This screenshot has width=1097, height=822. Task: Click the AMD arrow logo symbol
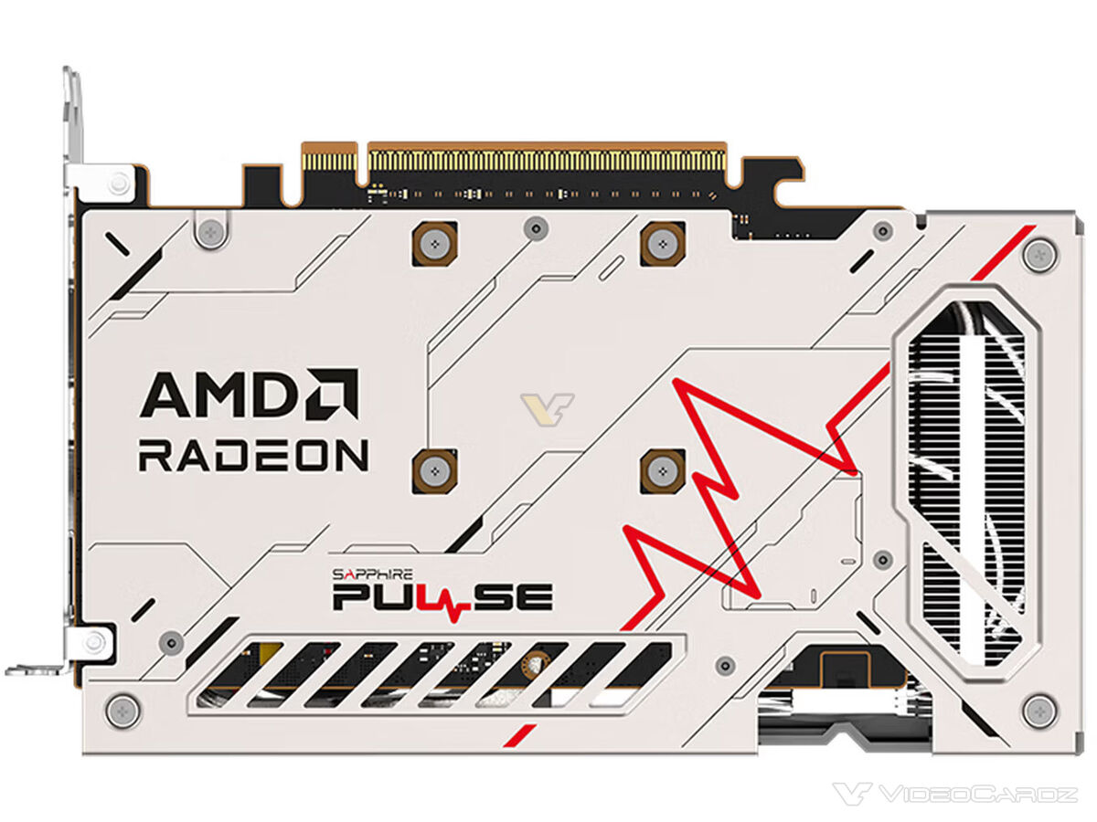click(333, 394)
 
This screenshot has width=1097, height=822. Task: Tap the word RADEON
click(253, 455)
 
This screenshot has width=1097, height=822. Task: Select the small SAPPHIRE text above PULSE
click(372, 574)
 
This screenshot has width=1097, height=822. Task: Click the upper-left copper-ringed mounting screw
click(434, 244)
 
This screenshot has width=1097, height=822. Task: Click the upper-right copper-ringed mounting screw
click(663, 244)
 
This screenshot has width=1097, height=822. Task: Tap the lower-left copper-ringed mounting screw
click(434, 470)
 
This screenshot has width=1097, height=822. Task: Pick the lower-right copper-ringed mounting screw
click(663, 470)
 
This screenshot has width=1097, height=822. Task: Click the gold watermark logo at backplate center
click(547, 409)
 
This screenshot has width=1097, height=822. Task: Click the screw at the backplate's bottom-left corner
click(122, 711)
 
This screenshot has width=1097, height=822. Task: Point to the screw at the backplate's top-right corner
click(1040, 256)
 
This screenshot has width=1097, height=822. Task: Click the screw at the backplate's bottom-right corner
click(1040, 711)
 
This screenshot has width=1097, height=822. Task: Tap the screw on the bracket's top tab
click(119, 184)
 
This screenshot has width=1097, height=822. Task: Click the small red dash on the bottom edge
click(520, 736)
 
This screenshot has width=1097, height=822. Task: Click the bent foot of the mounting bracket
click(34, 669)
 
